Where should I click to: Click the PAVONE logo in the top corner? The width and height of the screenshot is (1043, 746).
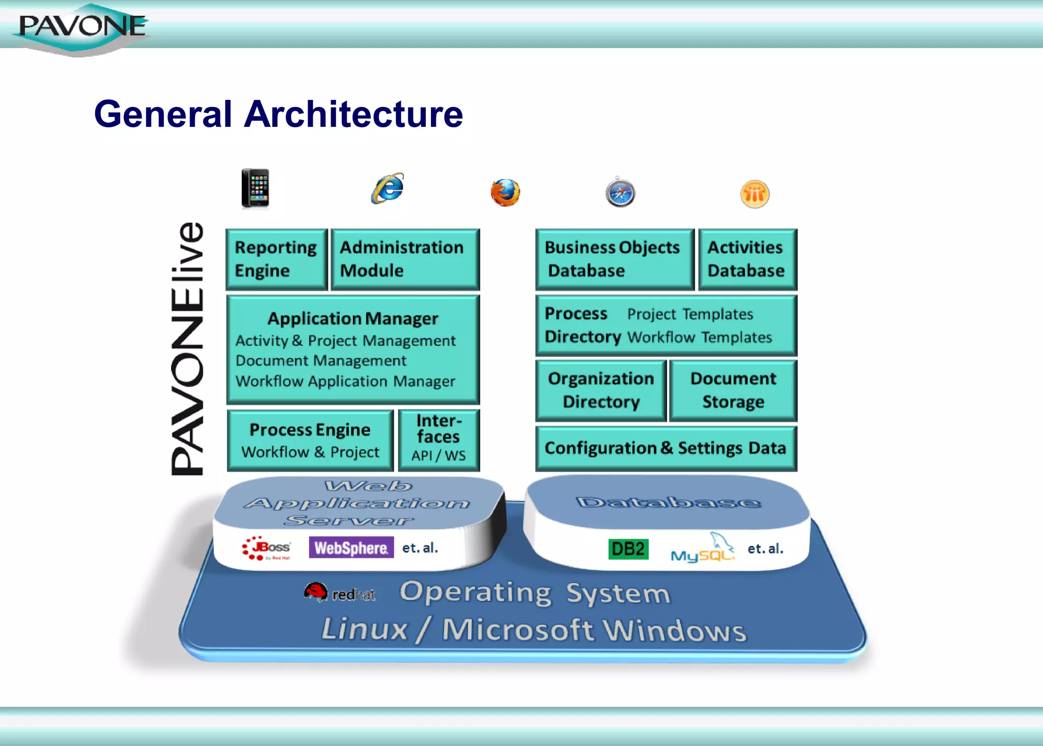tap(81, 28)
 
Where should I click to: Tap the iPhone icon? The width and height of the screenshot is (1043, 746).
tap(255, 188)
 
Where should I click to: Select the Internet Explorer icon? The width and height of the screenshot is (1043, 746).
tap(388, 188)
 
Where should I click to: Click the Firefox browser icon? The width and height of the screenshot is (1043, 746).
tap(505, 192)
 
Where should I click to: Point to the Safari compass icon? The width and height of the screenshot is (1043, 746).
tap(620, 193)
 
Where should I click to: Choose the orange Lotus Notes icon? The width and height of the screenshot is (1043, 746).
tap(755, 194)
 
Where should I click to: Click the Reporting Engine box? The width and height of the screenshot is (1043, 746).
tap(277, 259)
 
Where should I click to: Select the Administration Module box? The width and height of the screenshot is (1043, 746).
tap(405, 259)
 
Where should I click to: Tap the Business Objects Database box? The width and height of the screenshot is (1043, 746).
tap(614, 259)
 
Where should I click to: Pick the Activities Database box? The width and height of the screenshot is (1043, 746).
tap(747, 259)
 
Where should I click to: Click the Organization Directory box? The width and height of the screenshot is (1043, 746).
tap(601, 391)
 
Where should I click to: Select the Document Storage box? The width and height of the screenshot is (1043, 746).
tap(733, 391)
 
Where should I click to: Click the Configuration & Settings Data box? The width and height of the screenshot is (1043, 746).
tap(666, 448)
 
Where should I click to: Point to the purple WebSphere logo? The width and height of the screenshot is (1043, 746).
tap(351, 548)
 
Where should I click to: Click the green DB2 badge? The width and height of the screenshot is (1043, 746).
tap(628, 549)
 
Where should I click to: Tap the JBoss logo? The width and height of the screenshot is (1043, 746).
tap(267, 548)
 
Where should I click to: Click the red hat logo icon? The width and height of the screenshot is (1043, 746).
tap(316, 592)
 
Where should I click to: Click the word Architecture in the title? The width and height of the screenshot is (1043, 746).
tap(353, 114)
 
